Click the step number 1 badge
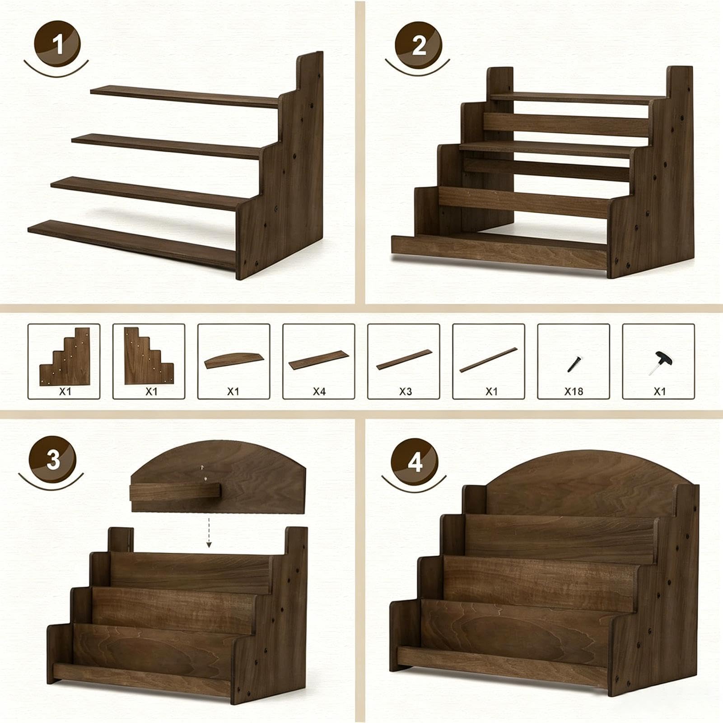click(57, 44)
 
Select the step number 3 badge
click(53, 460)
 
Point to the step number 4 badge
click(415, 462)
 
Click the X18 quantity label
click(574, 391)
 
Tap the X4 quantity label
click(319, 391)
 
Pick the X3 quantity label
click(405, 391)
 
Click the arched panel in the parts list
click(234, 360)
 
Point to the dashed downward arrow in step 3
click(209, 532)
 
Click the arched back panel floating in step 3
click(218, 476)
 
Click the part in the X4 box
click(319, 360)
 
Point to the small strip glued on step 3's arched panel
click(175, 491)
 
